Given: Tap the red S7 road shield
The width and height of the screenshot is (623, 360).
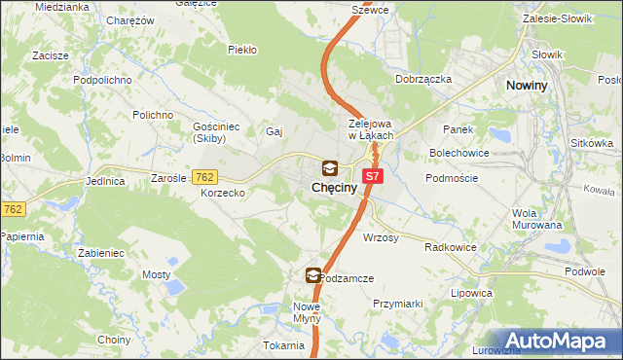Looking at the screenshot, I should (372, 176).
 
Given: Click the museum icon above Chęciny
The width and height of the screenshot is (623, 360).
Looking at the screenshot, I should (330, 167).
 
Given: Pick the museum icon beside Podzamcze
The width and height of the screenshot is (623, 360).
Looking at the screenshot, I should (312, 276).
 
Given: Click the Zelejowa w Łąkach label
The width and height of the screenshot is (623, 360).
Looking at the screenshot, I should (370, 129).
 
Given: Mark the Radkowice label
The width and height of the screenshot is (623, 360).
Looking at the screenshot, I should (450, 247).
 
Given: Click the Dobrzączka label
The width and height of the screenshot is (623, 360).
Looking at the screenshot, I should (423, 79).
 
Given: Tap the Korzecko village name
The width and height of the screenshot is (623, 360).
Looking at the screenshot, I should (222, 194).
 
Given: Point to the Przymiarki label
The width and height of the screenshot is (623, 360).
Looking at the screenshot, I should (397, 304).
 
